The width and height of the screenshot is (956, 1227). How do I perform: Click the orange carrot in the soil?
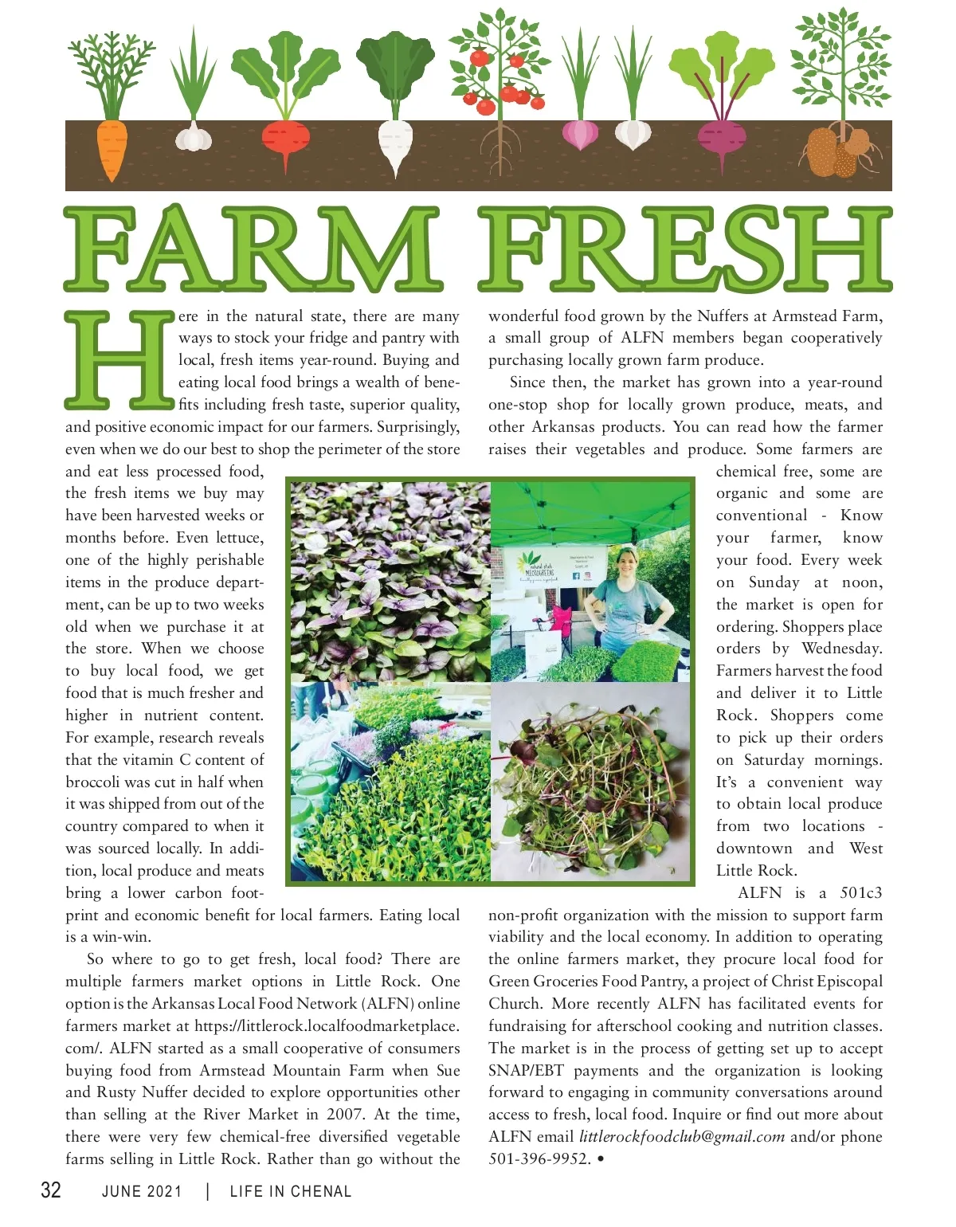click(111, 151)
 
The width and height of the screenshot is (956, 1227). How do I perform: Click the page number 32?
click(51, 1190)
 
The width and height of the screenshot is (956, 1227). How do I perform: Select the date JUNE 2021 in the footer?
click(142, 1192)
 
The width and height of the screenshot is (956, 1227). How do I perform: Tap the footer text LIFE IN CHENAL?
click(290, 1192)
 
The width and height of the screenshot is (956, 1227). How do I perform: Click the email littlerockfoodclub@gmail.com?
click(682, 1137)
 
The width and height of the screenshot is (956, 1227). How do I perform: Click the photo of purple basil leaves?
click(390, 580)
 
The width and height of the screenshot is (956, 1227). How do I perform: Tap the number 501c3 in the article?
click(861, 893)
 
